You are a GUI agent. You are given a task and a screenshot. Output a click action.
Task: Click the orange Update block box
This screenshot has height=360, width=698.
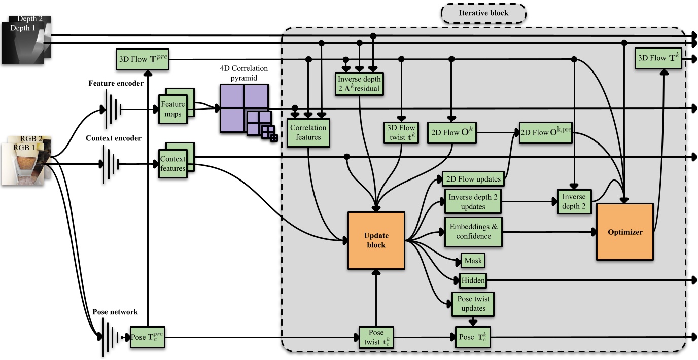[376, 240]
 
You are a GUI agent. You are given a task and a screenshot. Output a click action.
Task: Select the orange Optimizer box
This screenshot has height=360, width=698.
[624, 232]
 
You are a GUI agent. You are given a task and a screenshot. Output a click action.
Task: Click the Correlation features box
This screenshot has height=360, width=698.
[308, 133]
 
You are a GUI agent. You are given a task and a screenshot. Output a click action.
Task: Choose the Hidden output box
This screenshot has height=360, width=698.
[473, 280]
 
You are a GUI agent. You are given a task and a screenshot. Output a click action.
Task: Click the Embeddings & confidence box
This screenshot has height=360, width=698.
[473, 232]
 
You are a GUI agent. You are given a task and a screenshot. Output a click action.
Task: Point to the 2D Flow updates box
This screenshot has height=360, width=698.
[473, 178]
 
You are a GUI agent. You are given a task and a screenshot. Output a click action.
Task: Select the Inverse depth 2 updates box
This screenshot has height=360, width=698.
[473, 202]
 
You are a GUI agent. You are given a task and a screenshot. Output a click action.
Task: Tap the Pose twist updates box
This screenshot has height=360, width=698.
[473, 304]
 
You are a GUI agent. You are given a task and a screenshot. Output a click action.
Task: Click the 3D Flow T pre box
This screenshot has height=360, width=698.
[142, 60]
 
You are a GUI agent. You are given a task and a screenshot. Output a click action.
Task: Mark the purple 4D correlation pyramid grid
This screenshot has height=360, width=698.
[243, 108]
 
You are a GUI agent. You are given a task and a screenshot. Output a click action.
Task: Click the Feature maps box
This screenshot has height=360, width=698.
[173, 108]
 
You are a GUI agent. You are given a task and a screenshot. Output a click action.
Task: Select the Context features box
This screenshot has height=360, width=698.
[173, 163]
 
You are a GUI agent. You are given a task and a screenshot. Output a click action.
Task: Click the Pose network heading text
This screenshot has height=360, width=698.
[115, 312]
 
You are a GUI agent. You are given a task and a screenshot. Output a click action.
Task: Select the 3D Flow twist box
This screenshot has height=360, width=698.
[401, 133]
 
